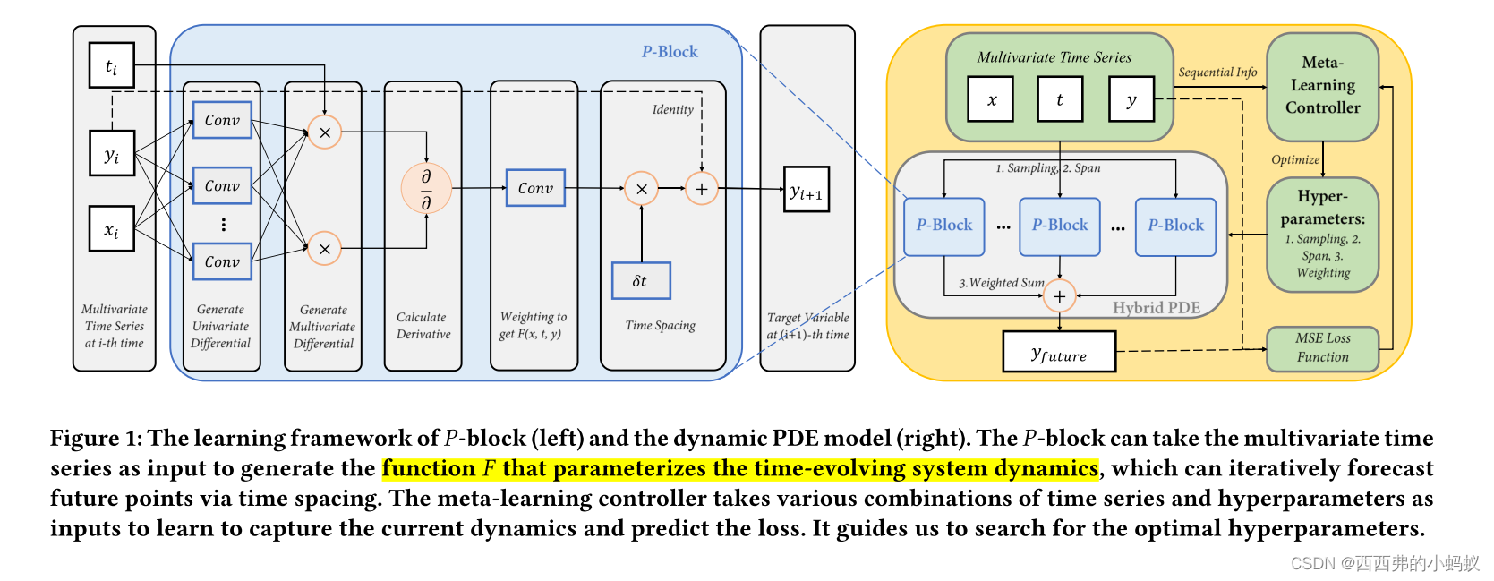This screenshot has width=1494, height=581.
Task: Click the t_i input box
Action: point(112,65)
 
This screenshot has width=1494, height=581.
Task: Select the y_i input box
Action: point(112,154)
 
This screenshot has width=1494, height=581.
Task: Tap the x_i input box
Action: point(112,229)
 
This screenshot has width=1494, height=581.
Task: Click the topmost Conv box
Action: point(222,120)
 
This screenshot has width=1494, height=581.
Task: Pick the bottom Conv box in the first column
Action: point(222,261)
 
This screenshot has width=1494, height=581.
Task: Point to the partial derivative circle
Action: point(426,189)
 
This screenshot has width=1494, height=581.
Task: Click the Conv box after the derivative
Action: point(535,188)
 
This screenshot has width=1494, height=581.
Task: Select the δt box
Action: point(641,280)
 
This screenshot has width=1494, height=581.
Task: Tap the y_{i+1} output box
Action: point(806,190)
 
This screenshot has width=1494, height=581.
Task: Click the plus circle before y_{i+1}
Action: point(702,189)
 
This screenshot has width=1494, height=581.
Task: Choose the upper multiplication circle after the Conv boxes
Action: point(324,132)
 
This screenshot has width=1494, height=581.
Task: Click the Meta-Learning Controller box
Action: point(1322,86)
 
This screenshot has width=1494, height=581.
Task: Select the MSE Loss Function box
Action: point(1322,347)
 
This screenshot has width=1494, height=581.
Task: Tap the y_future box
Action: point(1059,352)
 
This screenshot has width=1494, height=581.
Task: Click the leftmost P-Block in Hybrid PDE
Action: point(943,226)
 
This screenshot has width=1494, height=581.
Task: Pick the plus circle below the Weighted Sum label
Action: point(1060,296)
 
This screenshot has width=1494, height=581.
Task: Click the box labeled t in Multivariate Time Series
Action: point(1060,99)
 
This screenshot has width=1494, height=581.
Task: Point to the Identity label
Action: point(672,109)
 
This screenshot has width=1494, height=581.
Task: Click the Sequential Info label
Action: point(1217,72)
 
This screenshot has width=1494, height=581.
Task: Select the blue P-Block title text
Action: point(670,52)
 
